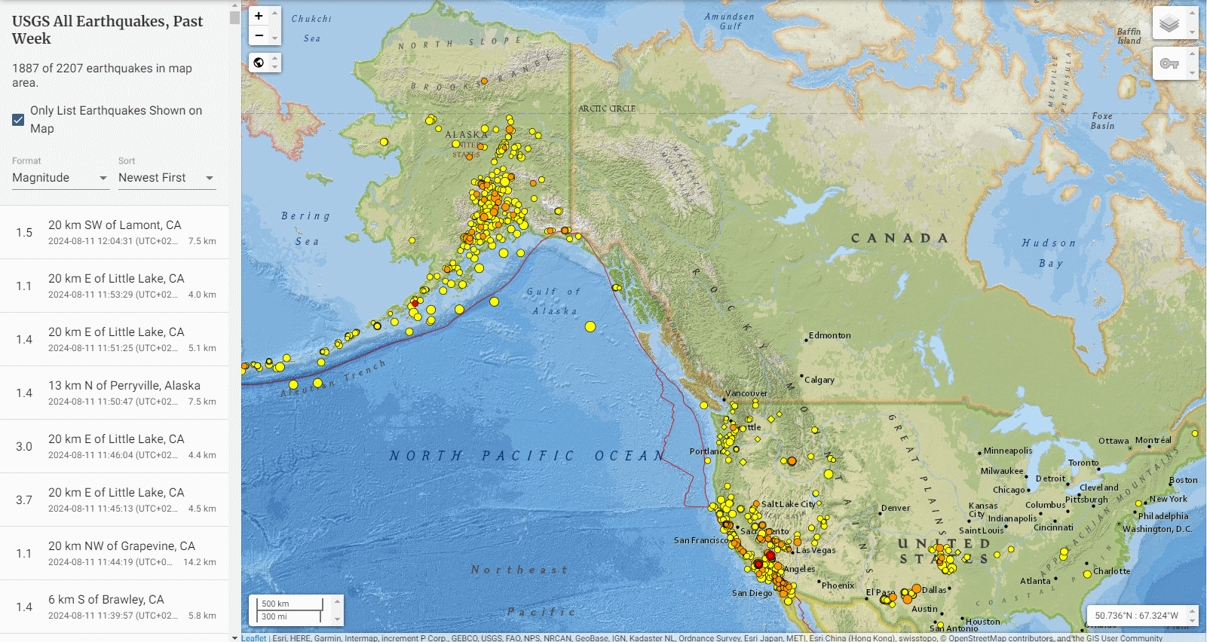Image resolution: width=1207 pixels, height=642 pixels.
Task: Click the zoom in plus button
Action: click(259, 16)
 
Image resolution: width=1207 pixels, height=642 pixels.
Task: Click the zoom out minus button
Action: click(259, 35)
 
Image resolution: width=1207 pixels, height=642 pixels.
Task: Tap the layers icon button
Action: click(1169, 23)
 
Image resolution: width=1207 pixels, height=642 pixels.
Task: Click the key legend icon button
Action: click(1169, 63)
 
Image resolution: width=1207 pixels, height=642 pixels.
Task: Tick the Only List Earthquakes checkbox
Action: click(19, 120)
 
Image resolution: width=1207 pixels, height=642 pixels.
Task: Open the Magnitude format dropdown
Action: click(60, 178)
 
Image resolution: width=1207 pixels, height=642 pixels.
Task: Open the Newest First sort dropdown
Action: click(166, 178)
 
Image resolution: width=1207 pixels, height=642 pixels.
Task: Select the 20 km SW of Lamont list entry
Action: click(115, 232)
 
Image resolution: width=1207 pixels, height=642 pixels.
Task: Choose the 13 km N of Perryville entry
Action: click(115, 393)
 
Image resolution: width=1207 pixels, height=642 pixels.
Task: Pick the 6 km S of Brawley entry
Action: click(115, 607)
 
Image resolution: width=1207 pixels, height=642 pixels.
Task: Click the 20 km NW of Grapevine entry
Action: click(115, 553)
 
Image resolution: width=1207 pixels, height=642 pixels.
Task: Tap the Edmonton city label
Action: click(829, 335)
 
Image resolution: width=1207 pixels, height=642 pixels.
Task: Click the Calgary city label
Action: click(819, 380)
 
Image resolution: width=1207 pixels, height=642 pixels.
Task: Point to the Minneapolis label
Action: click(1008, 451)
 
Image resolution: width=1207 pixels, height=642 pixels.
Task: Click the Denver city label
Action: click(896, 508)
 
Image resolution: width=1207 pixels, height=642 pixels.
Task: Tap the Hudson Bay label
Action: click(1049, 252)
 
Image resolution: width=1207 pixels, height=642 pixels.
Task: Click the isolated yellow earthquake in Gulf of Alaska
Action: click(590, 326)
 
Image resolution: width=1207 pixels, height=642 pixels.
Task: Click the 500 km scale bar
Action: click(290, 604)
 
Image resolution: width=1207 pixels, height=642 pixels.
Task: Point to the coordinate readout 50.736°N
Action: click(1136, 616)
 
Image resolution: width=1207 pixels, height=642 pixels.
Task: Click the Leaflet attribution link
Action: click(254, 638)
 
